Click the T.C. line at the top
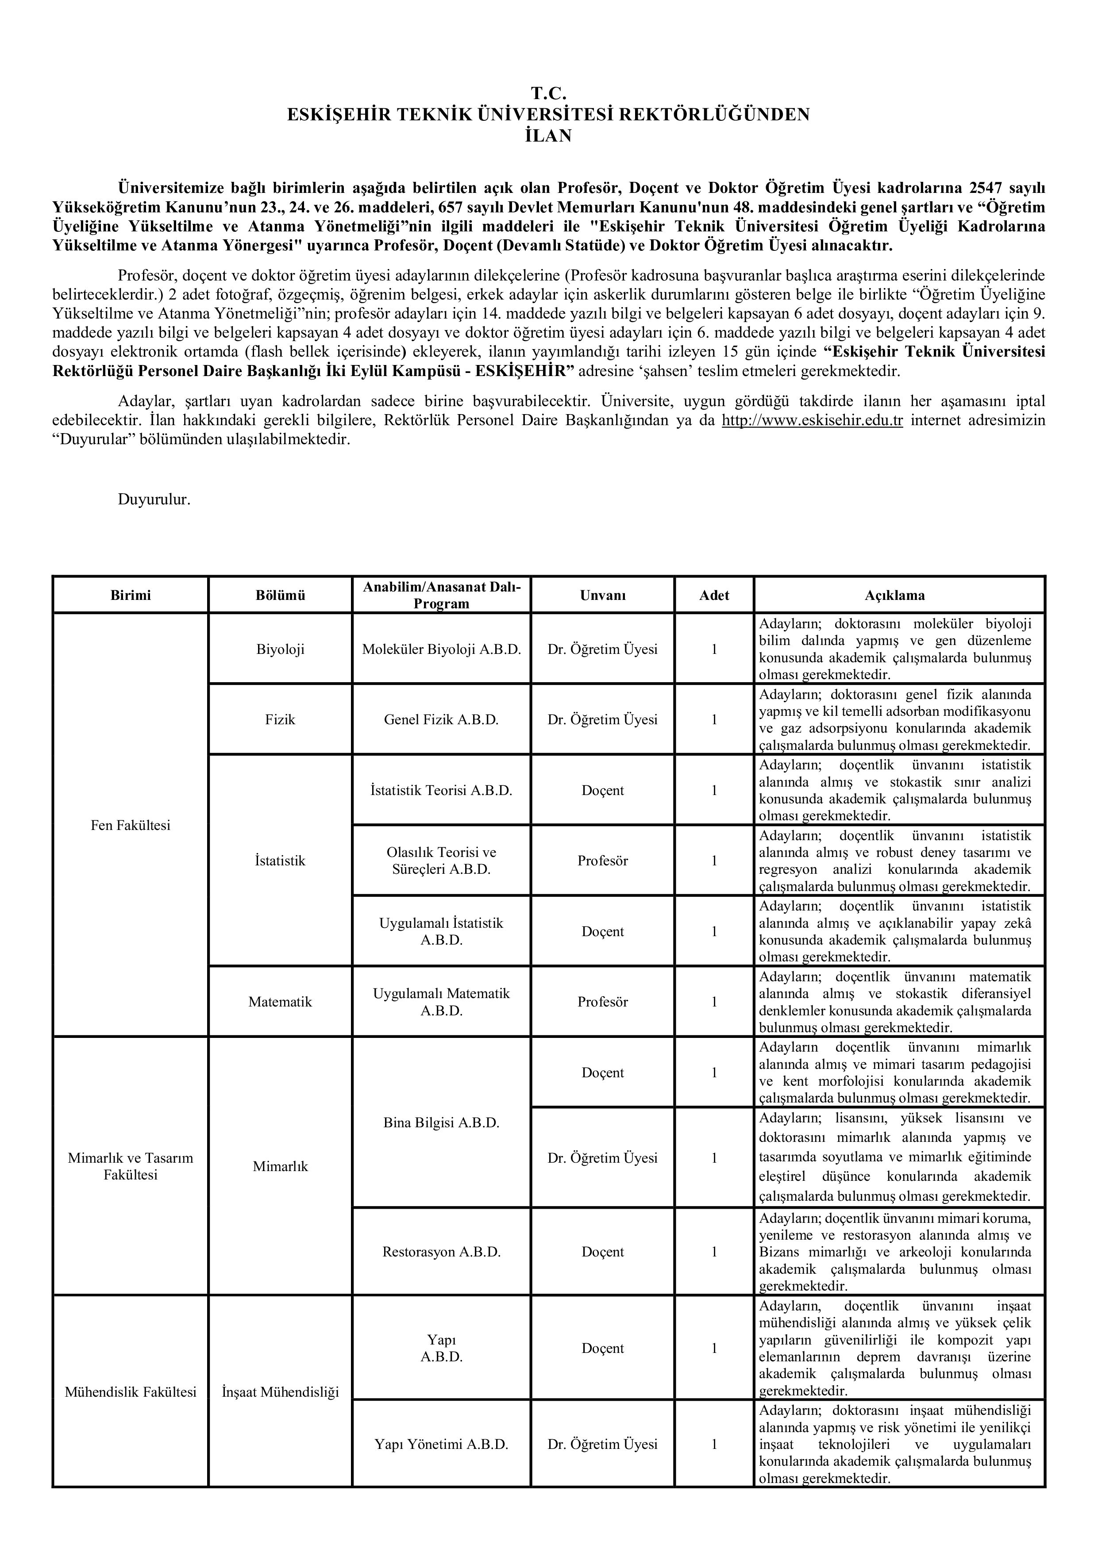coord(548,94)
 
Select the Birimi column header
coord(131,595)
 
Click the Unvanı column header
coord(602,595)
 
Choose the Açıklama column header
coord(899,595)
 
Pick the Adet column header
coord(714,595)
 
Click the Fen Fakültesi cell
coord(131,826)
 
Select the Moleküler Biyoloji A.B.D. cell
coord(442,649)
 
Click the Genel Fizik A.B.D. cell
coord(442,720)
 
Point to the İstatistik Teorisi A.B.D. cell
coord(442,790)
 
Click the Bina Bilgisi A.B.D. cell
coord(442,1123)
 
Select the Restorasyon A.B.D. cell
coord(442,1252)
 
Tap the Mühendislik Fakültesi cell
coord(131,1392)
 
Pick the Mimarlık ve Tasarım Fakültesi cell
coord(131,1166)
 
